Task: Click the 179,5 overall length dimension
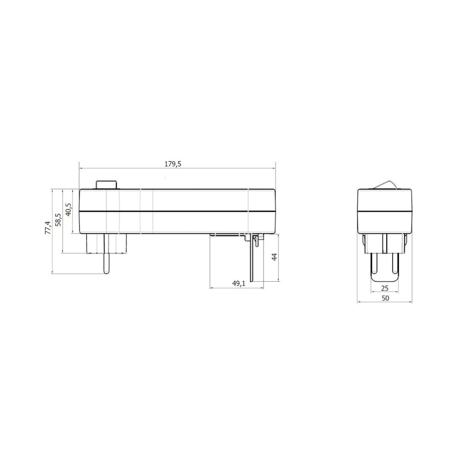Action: tap(173, 164)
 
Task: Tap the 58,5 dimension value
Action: tap(58, 220)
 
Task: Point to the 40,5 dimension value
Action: tap(69, 210)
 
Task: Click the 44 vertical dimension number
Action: tap(275, 257)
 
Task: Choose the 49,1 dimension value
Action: tap(239, 284)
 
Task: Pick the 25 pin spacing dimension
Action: tap(385, 288)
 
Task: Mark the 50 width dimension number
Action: tap(385, 298)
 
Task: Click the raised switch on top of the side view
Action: tap(106, 185)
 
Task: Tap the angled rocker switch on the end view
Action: tap(385, 185)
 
